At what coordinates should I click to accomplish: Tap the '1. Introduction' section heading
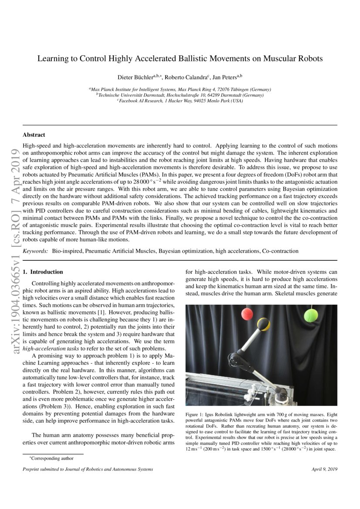click(43, 272)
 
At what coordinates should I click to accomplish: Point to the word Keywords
click(35, 252)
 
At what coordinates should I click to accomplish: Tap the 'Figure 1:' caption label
click(195, 415)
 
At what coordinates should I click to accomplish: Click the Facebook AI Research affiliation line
click(180, 101)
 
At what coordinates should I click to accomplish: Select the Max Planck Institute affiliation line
click(180, 89)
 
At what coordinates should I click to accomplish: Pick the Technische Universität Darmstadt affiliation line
click(180, 95)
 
